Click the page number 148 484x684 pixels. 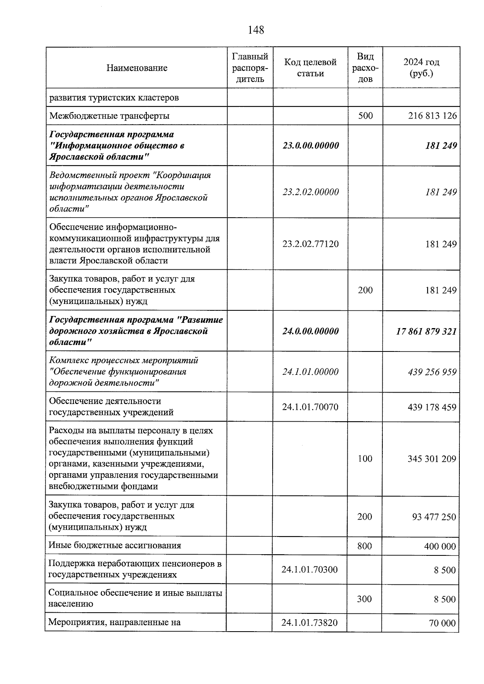point(256,30)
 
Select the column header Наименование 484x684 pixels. point(137,68)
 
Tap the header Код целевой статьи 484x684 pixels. point(310,67)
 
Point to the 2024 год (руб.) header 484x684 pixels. point(421,67)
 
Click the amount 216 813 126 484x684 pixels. point(432,116)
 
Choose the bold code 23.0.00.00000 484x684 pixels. point(311,146)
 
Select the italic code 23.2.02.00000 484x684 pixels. point(311,192)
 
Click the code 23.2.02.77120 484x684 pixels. point(311,244)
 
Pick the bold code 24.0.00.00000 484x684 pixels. point(311,331)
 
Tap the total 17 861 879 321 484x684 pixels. point(426,331)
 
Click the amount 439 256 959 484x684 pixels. point(432,372)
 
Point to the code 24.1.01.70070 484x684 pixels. point(310,407)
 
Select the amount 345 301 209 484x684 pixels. point(432,459)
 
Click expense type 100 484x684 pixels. point(365,459)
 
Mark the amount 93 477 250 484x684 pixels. point(434,517)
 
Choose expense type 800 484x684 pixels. point(365,546)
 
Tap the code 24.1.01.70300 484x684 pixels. point(310,570)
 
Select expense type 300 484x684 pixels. point(364,599)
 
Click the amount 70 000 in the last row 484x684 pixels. point(442,623)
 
